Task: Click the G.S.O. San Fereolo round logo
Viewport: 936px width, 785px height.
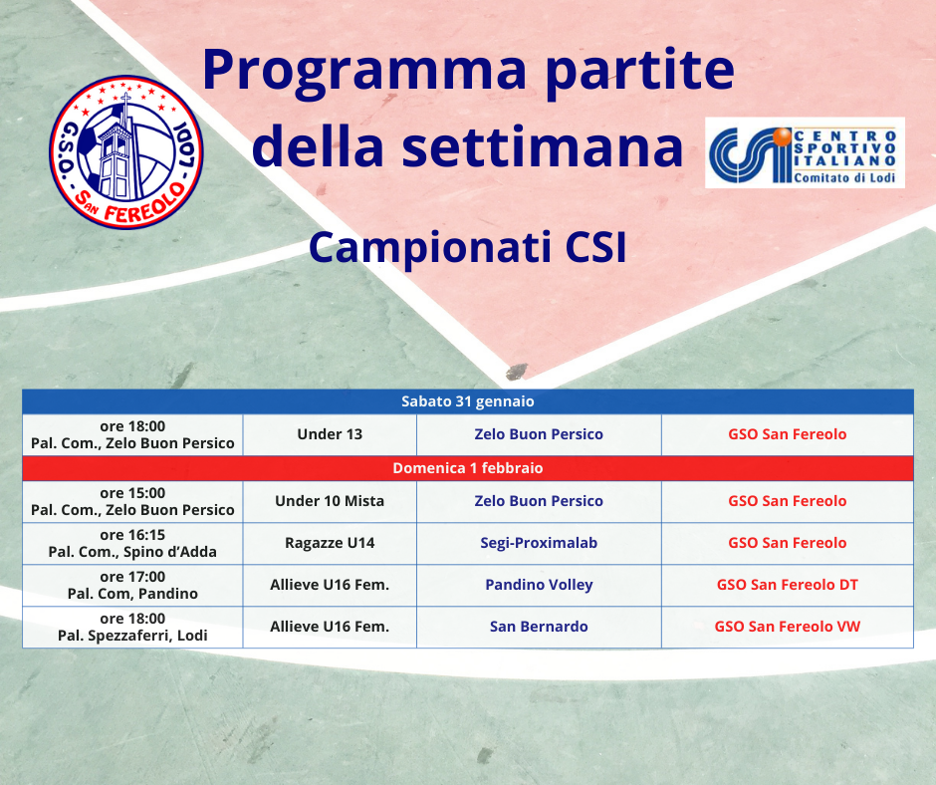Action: (x=125, y=151)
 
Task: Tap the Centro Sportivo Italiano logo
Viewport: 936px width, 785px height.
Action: (x=805, y=153)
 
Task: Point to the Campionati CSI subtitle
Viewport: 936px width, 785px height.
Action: (x=467, y=247)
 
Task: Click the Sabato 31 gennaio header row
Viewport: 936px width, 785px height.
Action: (x=468, y=401)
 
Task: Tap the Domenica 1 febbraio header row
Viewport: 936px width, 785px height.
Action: (x=468, y=468)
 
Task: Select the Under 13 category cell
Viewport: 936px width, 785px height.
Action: (x=330, y=434)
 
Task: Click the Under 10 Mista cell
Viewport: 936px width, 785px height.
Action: (x=330, y=501)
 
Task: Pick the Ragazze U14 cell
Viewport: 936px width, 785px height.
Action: (x=330, y=543)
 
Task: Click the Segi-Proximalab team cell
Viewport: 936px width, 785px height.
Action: (x=539, y=543)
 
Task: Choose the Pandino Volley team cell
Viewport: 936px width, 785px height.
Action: (x=539, y=585)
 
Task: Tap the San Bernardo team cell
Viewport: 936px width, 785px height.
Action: (x=539, y=627)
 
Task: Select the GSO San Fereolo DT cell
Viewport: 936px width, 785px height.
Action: (x=788, y=585)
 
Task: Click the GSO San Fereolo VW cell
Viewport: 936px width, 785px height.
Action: (x=788, y=627)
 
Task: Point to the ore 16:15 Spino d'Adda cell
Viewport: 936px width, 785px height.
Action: (x=132, y=543)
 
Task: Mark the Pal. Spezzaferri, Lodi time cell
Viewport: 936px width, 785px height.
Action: (x=132, y=627)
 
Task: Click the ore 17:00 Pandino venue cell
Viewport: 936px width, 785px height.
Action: (x=132, y=585)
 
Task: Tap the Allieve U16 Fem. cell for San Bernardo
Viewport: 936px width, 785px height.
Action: (x=330, y=627)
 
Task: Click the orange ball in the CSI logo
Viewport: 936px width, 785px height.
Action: (x=782, y=136)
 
